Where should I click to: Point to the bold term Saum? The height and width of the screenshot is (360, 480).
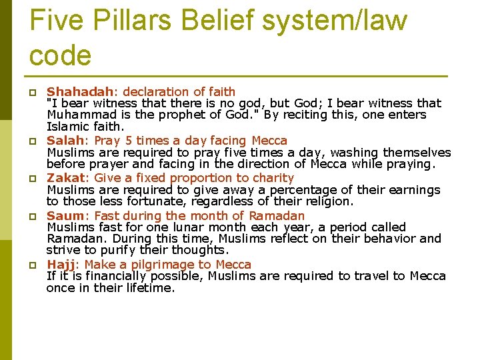click(65, 216)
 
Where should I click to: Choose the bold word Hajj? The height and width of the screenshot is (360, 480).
click(61, 265)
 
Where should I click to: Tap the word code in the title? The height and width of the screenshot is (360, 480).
click(61, 55)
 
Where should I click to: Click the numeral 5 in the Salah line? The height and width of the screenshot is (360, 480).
click(129, 141)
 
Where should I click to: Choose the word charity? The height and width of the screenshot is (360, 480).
click(271, 178)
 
